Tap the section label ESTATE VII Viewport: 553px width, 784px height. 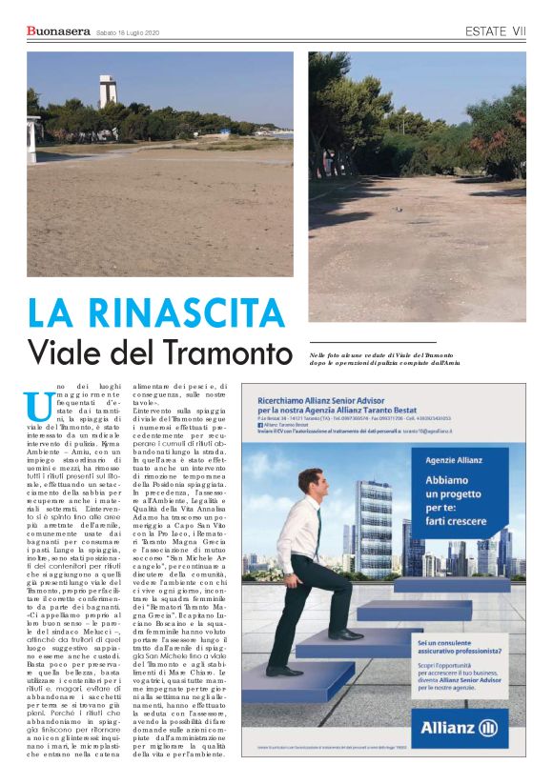coord(495,31)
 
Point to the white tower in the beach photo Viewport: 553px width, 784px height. coord(109,91)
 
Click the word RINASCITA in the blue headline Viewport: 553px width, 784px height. coord(183,313)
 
